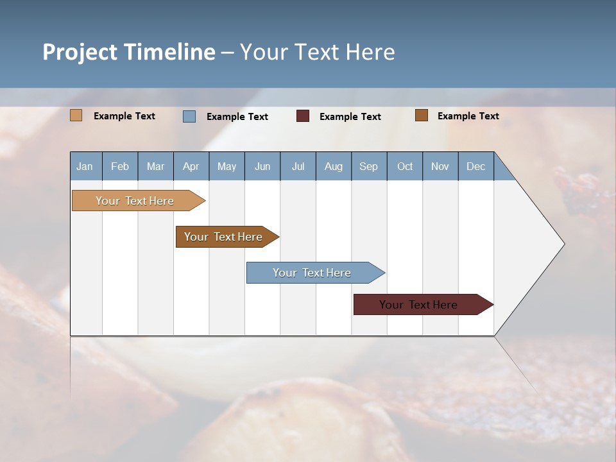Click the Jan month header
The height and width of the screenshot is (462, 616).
click(85, 166)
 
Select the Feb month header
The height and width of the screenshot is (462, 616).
click(120, 166)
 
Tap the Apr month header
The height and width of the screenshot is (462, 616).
click(191, 166)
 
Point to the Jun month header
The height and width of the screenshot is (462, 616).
click(262, 166)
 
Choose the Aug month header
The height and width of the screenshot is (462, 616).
click(334, 166)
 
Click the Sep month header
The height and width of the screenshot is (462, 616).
click(369, 166)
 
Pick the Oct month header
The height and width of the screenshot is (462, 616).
click(405, 166)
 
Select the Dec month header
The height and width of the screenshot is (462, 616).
click(476, 166)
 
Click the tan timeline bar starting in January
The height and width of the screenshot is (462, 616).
click(135, 201)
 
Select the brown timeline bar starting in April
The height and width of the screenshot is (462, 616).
click(223, 237)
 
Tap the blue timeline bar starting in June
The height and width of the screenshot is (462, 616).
click(312, 273)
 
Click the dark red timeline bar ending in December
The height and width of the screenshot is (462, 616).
click(418, 305)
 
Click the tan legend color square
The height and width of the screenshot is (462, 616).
click(76, 116)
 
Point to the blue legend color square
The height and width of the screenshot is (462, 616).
click(189, 116)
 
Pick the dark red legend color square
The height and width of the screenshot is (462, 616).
click(303, 116)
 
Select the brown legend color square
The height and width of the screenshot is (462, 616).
click(422, 116)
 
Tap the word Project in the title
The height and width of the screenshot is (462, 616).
click(80, 52)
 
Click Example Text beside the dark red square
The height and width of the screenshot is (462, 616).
click(350, 117)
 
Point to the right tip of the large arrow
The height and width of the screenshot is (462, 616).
click(563, 244)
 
